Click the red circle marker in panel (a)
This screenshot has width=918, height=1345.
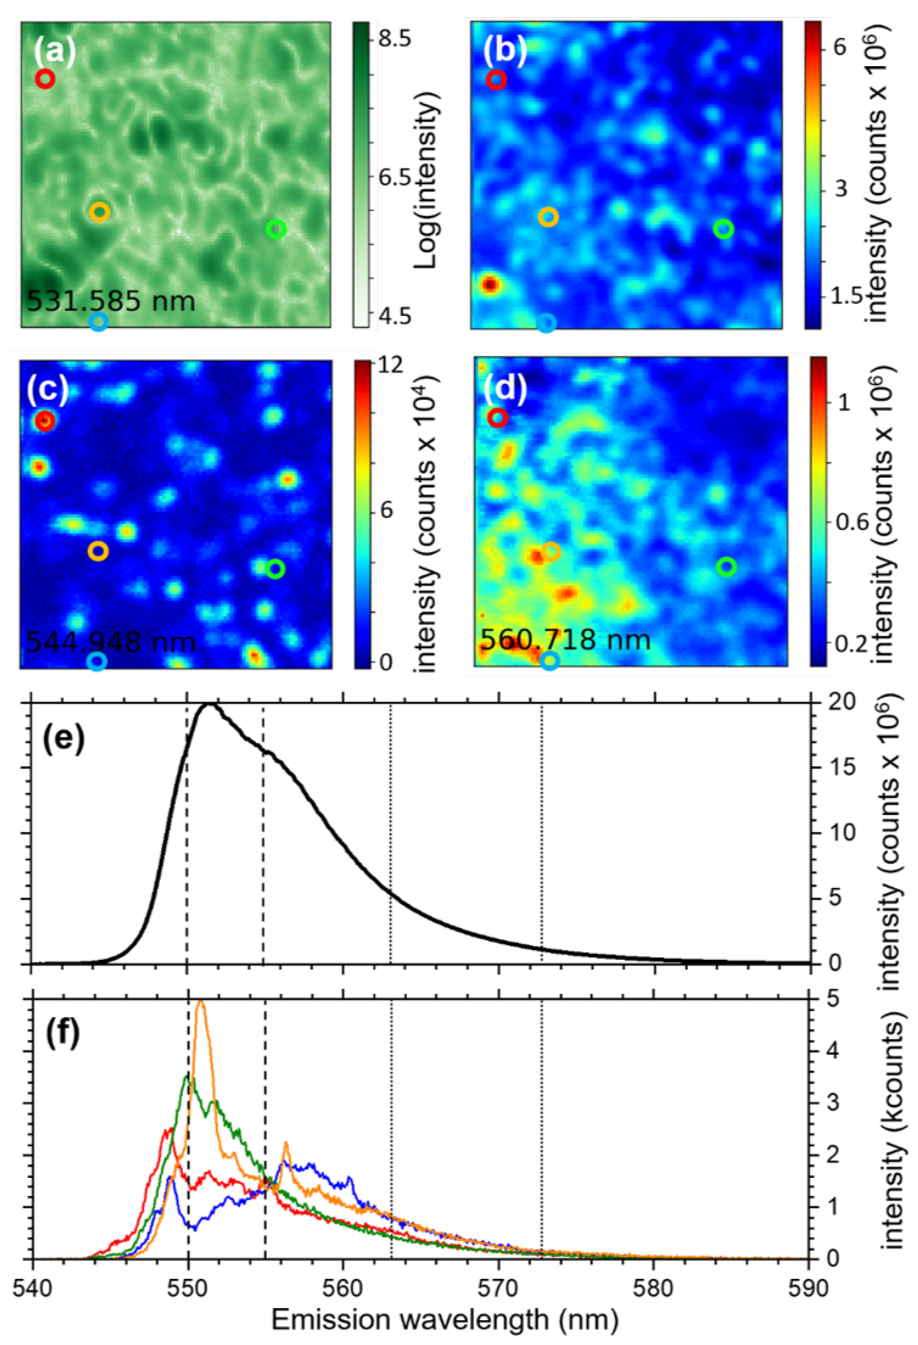(45, 79)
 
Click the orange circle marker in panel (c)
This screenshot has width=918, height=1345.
(98, 551)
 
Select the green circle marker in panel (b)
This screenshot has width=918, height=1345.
(723, 230)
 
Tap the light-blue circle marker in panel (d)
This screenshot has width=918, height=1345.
(550, 660)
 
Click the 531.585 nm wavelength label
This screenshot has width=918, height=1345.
(111, 301)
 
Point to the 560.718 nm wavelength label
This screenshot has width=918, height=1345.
(565, 640)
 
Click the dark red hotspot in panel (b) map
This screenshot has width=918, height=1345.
(490, 285)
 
